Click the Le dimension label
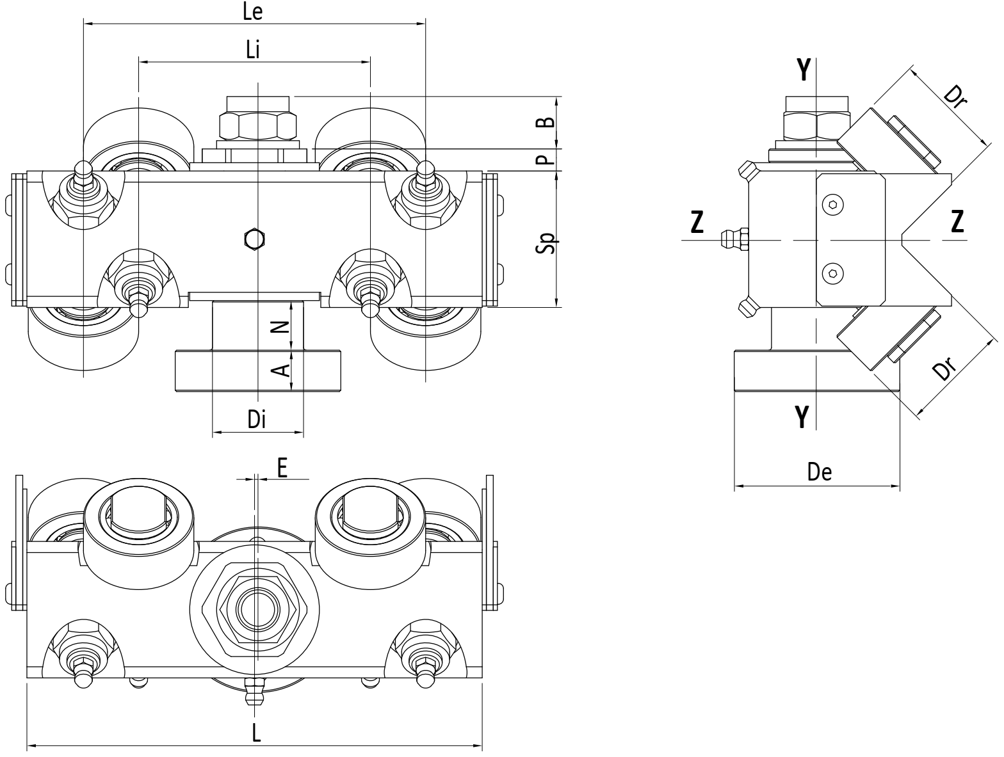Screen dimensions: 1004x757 253,12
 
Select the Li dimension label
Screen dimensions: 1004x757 253,49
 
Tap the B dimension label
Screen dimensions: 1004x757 546,122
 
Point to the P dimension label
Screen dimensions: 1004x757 546,159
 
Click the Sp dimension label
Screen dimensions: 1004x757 546,243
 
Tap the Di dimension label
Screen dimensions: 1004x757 257,418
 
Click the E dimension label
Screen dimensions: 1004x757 282,468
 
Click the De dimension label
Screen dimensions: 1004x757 819,472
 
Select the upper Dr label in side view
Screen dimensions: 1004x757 955,96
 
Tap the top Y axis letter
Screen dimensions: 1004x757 804,70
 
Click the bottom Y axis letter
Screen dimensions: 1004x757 802,417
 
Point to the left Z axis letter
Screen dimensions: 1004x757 697,222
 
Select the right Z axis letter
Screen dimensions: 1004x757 957,221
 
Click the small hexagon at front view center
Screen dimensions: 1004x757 254,239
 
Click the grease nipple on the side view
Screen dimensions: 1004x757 734,239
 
